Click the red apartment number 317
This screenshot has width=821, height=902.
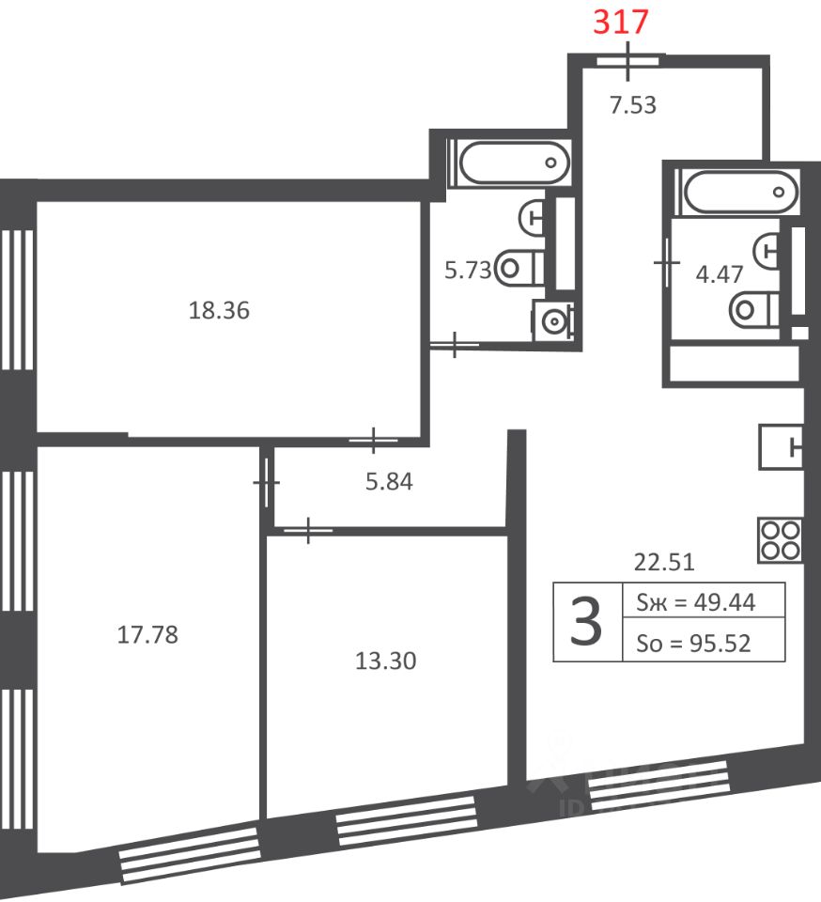620,22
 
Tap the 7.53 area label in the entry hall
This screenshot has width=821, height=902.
632,105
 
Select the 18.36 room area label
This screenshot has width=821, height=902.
219,311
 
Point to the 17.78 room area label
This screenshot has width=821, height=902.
147,635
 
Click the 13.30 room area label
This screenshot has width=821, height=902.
386,661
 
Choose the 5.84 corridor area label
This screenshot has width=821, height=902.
389,482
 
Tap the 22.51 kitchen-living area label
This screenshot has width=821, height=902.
664,562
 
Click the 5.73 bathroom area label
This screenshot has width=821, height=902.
468,270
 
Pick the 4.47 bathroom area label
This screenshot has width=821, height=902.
720,274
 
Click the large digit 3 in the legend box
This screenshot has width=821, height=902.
586,622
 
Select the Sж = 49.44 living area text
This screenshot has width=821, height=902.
696,602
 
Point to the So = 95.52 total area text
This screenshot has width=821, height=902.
693,643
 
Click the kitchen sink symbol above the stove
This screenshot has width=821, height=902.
782,447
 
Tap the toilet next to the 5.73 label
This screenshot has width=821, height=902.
519,268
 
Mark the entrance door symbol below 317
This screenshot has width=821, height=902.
627,61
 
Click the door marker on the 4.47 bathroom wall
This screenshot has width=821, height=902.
667,263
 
